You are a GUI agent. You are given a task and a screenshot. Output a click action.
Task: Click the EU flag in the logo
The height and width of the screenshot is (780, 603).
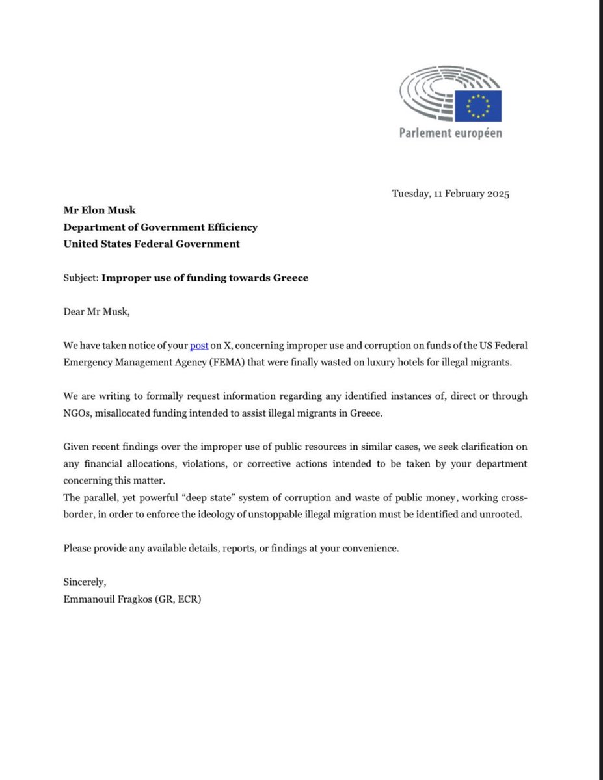pyautogui.click(x=478, y=105)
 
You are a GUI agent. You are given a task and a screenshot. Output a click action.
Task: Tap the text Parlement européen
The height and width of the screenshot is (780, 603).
pyautogui.click(x=451, y=133)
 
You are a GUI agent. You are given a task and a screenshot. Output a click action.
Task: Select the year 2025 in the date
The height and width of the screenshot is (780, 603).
pyautogui.click(x=497, y=194)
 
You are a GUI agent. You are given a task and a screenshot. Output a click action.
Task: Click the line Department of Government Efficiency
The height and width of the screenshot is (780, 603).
pyautogui.click(x=160, y=227)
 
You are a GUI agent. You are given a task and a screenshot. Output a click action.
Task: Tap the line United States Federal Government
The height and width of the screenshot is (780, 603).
pyautogui.click(x=152, y=244)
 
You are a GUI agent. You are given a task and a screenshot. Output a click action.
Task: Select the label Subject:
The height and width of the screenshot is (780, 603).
pyautogui.click(x=81, y=278)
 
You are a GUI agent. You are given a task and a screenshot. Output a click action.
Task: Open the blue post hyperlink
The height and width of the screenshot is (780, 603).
pyautogui.click(x=199, y=345)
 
